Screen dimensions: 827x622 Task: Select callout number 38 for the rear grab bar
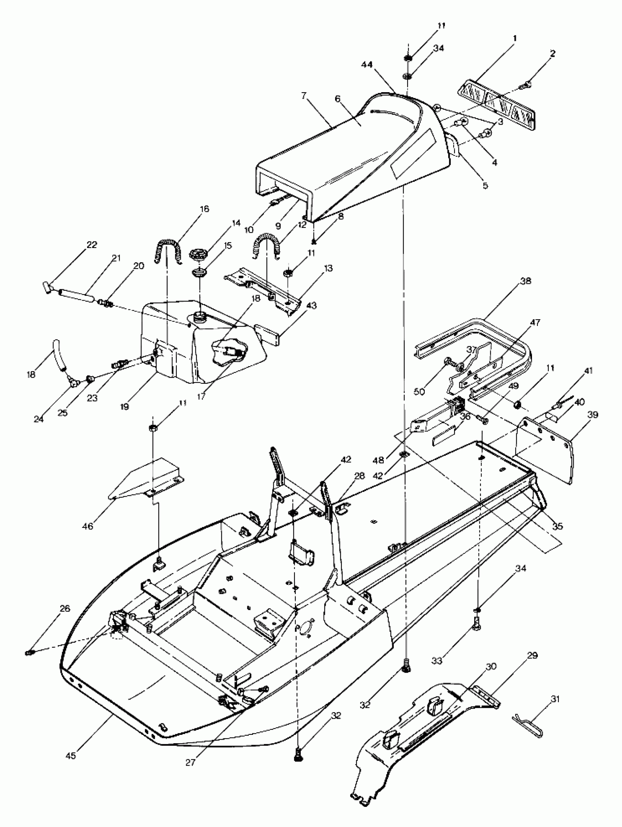click(525, 281)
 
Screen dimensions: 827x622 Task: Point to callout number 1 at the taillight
click(515, 38)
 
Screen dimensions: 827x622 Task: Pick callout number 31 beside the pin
click(555, 699)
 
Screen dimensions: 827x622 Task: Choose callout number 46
click(88, 526)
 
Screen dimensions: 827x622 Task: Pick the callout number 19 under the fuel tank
click(124, 407)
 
